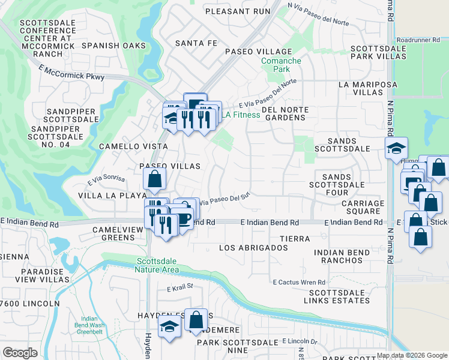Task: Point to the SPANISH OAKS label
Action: coord(114,46)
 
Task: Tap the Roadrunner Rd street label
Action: coord(422,40)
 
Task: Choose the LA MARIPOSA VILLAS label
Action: coord(369,89)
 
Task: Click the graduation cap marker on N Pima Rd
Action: coord(396,148)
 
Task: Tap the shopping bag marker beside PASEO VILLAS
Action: coord(155,178)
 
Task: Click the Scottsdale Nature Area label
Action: coord(158,265)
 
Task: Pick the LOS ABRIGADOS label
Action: coord(253,248)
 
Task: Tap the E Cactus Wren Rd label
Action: coord(298,282)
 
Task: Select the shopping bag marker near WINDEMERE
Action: coord(196,320)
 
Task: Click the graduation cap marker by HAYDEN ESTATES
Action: coord(170,327)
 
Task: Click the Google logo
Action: coord(20,353)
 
